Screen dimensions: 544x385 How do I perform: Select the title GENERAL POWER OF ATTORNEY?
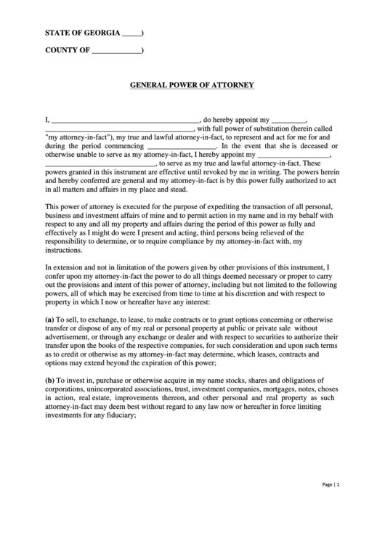tap(192, 85)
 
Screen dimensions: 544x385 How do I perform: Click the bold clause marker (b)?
tap(50, 381)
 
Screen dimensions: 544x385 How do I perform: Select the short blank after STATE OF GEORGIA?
tap(131, 33)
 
